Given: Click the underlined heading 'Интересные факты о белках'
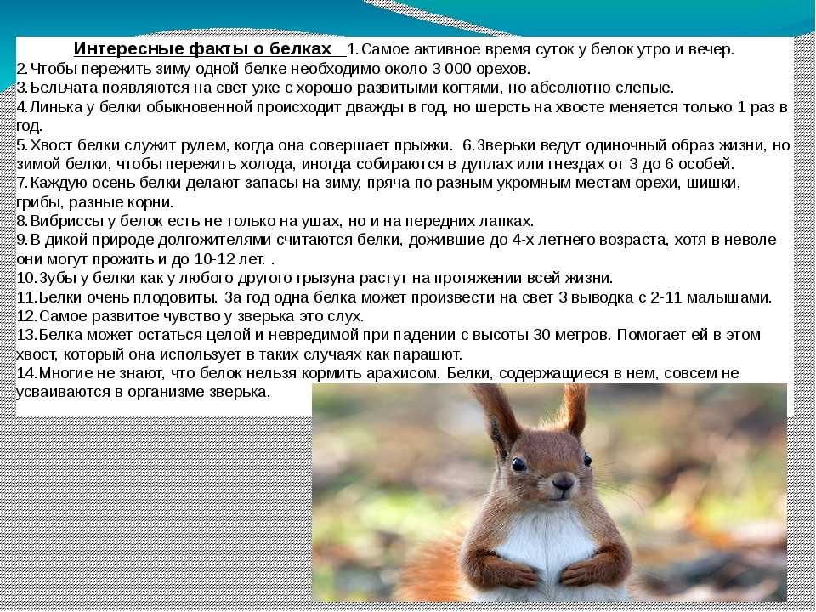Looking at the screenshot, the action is [x=202, y=49].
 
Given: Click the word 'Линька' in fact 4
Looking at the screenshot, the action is [x=56, y=107].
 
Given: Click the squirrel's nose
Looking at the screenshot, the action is [x=564, y=482].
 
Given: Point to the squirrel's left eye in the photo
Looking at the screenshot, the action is [x=518, y=464].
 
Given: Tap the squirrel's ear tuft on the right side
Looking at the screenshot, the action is [x=576, y=410].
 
